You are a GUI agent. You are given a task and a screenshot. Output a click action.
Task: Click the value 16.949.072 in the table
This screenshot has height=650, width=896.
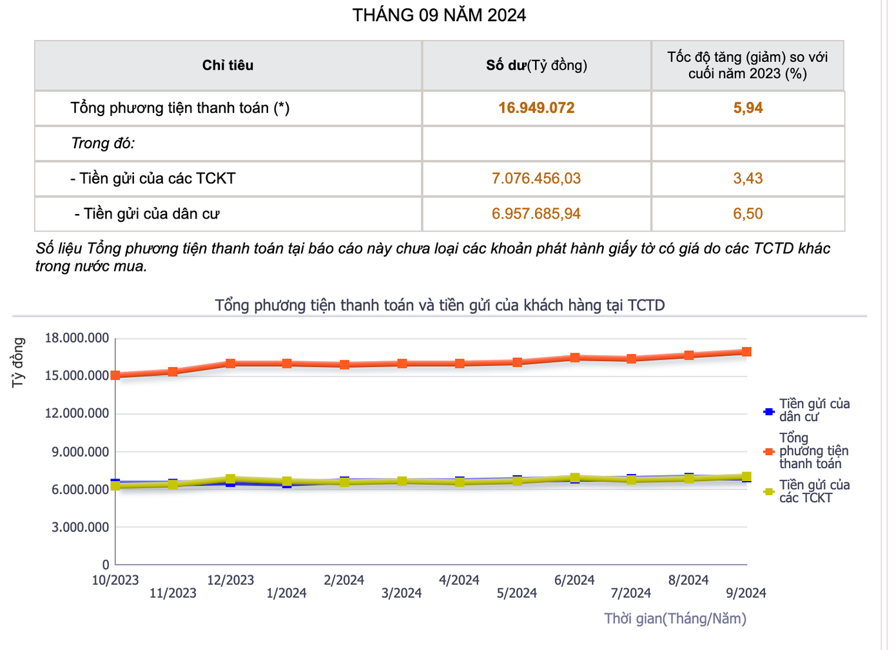[536, 108]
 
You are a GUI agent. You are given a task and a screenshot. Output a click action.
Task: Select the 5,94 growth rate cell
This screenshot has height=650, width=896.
[748, 108]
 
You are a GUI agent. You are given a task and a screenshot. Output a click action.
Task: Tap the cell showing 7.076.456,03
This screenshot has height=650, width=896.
[536, 179]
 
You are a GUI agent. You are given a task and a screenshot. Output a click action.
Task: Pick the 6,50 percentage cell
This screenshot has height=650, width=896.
[748, 213]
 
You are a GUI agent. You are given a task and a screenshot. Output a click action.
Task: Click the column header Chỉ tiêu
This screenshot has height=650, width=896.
[228, 65]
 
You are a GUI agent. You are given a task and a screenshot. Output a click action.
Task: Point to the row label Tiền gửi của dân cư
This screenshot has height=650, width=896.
[147, 213]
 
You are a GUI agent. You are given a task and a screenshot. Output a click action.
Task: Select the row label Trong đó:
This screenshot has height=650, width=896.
[103, 143]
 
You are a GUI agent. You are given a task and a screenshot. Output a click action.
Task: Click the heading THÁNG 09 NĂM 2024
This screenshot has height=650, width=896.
[439, 15]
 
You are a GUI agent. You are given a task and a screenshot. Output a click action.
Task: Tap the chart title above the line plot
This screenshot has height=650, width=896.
[440, 305]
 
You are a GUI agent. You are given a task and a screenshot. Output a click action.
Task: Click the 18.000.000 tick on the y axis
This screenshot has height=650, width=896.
[77, 339]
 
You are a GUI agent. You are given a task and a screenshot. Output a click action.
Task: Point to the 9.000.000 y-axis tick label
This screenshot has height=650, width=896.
[81, 452]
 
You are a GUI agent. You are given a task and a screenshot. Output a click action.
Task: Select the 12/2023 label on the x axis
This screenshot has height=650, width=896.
[230, 580]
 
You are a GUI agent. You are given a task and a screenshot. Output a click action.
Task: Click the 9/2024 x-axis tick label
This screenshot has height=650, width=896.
[746, 593]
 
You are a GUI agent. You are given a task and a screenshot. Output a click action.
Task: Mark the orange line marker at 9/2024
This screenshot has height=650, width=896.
[746, 352]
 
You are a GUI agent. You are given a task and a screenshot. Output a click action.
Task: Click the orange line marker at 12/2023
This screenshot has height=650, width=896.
[230, 364]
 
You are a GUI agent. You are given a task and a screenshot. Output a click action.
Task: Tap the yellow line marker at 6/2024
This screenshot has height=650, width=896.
[574, 478]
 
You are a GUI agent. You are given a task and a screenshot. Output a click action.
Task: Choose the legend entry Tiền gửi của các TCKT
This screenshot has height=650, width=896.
[814, 491]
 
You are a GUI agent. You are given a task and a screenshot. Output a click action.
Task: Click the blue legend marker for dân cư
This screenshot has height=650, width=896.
[768, 411]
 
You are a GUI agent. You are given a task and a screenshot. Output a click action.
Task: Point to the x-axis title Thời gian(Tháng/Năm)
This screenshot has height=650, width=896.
[675, 619]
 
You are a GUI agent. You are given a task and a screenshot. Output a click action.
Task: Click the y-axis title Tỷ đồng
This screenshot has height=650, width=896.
[18, 362]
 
